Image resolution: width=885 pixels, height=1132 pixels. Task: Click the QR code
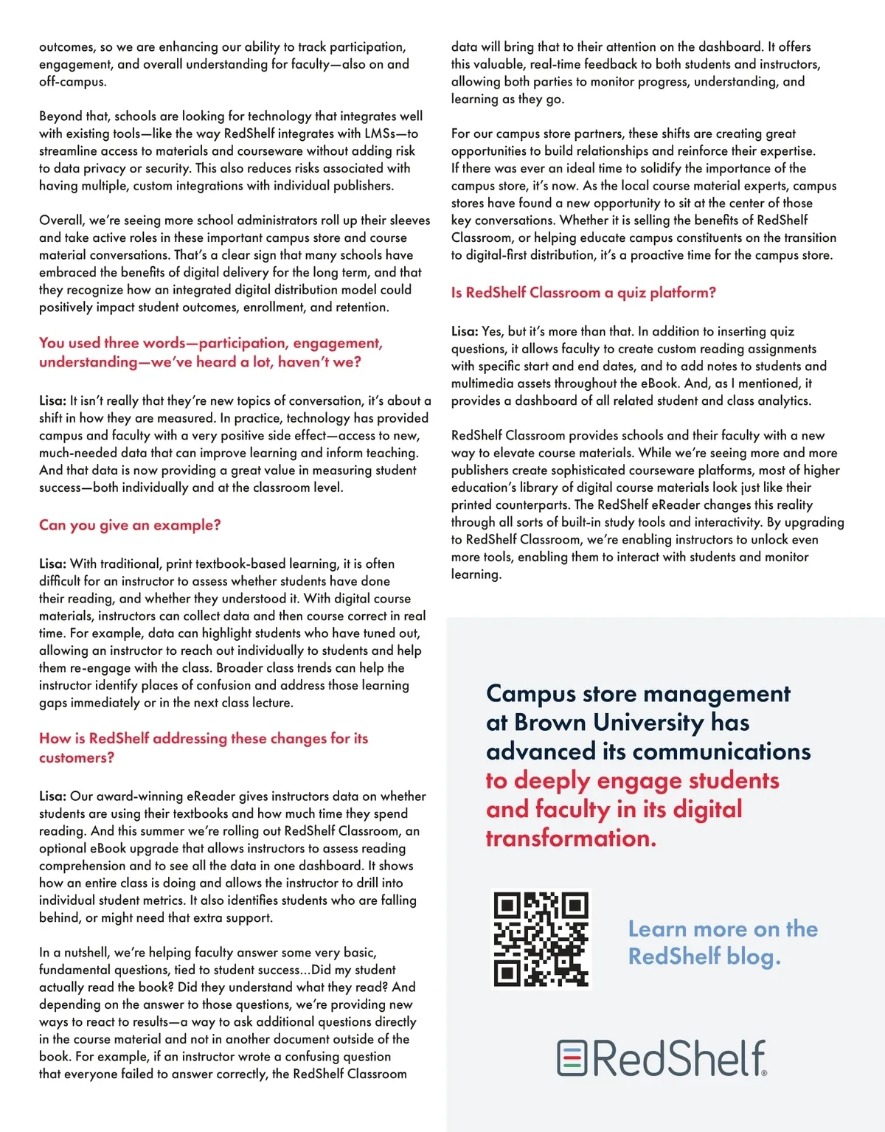(x=541, y=939)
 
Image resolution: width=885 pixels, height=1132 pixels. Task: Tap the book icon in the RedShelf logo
(x=572, y=1058)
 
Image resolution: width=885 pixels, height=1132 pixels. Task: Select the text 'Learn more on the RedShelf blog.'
(x=722, y=942)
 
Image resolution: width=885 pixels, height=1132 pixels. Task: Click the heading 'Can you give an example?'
(x=130, y=525)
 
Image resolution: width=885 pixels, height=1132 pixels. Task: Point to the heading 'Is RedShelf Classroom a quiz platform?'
(x=583, y=293)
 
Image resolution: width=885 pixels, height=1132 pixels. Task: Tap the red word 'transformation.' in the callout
(x=570, y=838)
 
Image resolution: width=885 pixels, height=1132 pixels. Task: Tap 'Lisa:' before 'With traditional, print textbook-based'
(x=52, y=564)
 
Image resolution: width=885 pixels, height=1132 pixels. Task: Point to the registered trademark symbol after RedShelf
(x=764, y=1073)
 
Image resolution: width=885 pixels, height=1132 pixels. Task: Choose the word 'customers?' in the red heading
(x=77, y=757)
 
